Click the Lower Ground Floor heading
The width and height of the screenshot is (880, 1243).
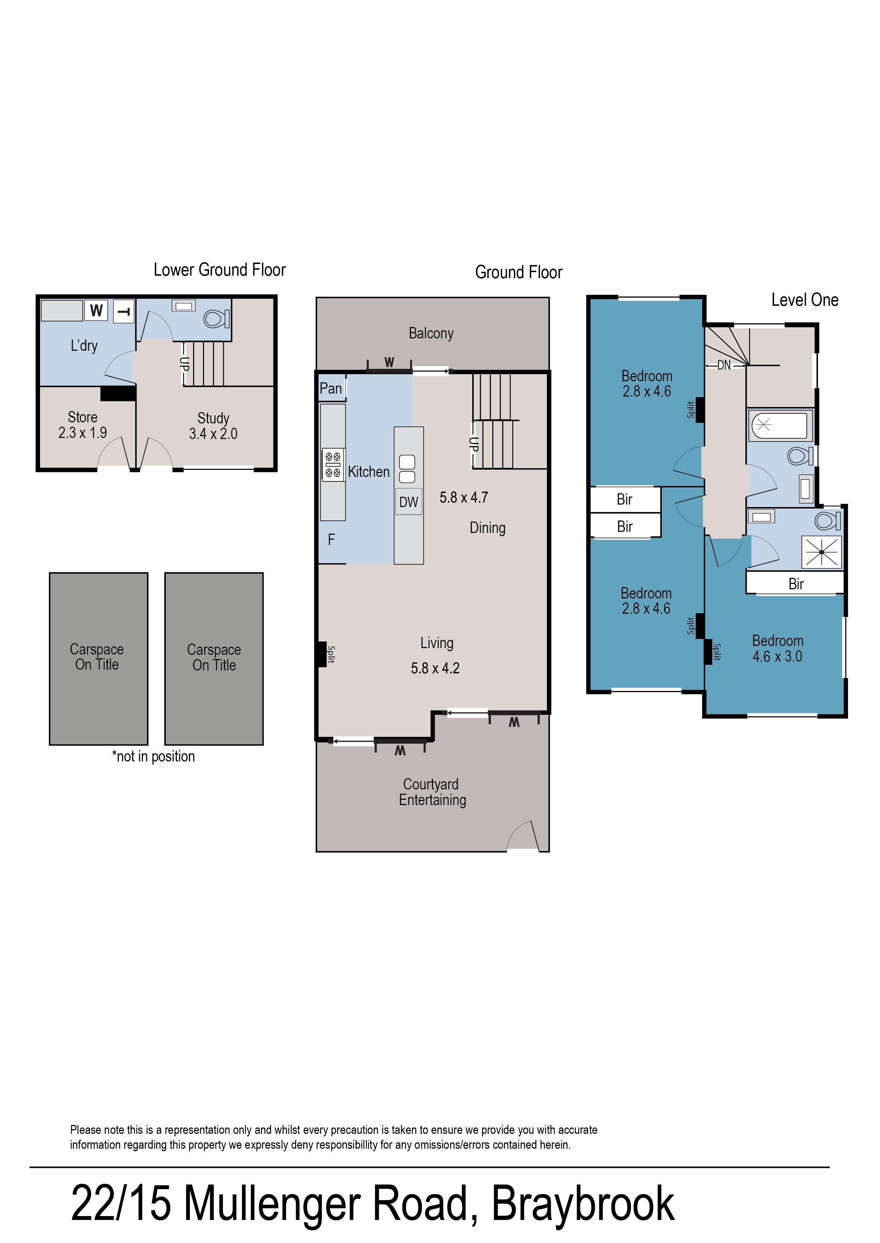point(219,270)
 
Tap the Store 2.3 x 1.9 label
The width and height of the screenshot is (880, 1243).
point(82,425)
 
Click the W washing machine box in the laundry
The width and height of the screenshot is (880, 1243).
point(96,310)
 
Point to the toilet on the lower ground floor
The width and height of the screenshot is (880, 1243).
point(216,319)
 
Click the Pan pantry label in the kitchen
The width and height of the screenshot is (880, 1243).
point(331,388)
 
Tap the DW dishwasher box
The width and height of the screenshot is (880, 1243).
point(408,502)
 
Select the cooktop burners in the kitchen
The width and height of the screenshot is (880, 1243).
point(333,465)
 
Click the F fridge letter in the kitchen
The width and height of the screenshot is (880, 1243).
point(332,539)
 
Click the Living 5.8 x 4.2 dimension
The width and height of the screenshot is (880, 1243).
point(435,668)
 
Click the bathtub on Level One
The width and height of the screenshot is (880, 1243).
point(779,425)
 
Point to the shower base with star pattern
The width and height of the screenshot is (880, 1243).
point(822,552)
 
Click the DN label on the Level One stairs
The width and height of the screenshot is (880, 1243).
point(724,365)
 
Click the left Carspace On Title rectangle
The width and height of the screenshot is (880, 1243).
point(98,658)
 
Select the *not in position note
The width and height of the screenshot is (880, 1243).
point(153,757)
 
